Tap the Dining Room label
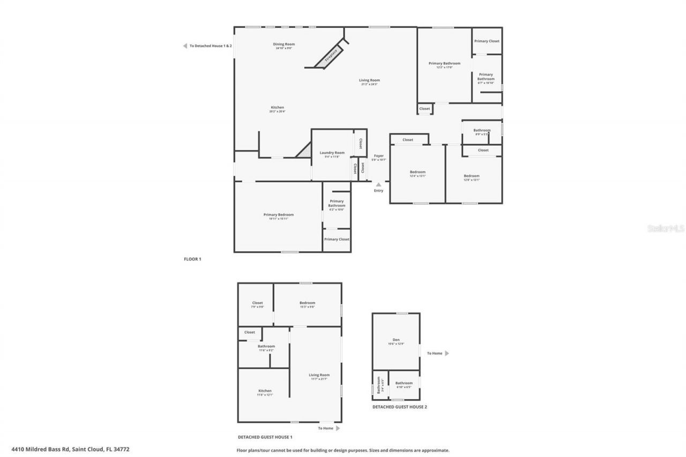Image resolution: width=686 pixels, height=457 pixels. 284,44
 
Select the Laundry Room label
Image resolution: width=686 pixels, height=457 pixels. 332,153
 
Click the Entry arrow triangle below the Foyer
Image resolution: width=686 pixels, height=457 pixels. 378,184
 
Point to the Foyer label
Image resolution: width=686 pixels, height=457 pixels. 379,156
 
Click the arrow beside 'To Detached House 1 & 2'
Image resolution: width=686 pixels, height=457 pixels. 185,46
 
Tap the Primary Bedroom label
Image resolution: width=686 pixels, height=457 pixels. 278,215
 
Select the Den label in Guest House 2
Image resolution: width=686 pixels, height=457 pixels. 396,340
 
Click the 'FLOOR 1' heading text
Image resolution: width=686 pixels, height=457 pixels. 192,259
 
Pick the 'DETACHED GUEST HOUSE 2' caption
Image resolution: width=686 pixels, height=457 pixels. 400,407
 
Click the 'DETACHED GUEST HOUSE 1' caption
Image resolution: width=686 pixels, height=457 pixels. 265,437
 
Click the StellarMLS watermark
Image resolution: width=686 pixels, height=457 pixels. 666,228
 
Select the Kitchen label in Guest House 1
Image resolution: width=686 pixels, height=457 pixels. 265,391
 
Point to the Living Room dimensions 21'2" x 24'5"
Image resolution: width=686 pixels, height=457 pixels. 369,84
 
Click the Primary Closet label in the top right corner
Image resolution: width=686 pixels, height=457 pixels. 487,41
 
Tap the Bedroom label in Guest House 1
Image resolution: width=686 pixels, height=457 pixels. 307,303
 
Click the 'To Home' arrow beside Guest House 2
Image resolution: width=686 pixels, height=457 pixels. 447,353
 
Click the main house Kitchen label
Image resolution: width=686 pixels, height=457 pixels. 277,107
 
